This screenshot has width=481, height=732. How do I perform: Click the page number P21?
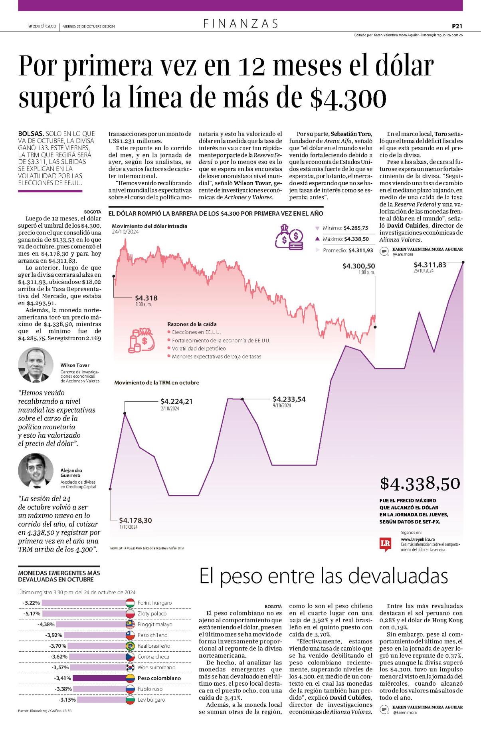pos(457,26)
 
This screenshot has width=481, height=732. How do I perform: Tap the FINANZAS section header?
pos(241,24)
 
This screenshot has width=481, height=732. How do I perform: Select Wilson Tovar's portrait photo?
pos(36,365)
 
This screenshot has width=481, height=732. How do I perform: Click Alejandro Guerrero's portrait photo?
pos(36,470)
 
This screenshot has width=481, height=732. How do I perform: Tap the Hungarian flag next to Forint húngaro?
pos(130,603)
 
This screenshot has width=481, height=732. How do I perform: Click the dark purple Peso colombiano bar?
pos(99,678)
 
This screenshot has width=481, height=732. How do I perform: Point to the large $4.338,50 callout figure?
pos(420,483)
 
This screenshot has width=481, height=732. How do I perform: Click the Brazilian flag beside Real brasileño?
pos(130,646)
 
